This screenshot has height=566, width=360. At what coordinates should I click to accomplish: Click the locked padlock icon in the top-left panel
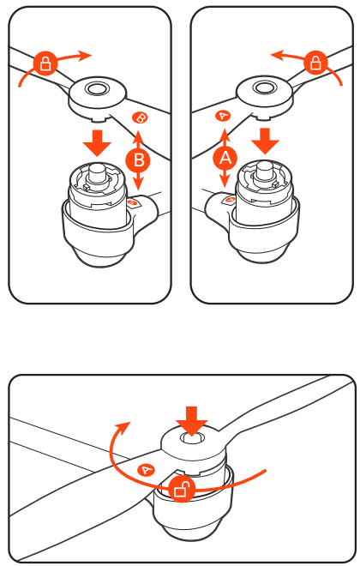[45, 63]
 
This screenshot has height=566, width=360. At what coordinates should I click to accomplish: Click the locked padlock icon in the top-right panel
[315, 63]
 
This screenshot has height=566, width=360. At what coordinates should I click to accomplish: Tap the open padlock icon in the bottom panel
[183, 489]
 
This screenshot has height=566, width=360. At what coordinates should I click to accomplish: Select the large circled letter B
[139, 160]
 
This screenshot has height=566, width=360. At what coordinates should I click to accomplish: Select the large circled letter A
[225, 158]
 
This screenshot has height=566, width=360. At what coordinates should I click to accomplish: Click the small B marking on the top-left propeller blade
[140, 117]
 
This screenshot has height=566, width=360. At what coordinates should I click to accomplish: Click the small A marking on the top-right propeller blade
[224, 116]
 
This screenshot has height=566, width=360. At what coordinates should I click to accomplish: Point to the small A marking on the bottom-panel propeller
[146, 470]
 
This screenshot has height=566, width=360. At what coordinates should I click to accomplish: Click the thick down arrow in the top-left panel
[97, 142]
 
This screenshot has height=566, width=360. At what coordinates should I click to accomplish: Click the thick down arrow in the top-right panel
[265, 141]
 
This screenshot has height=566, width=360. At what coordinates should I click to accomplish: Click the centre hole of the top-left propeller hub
[94, 87]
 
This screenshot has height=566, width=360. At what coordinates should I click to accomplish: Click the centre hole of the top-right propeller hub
[263, 87]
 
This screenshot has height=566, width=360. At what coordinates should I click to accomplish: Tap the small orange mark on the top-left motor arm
[133, 203]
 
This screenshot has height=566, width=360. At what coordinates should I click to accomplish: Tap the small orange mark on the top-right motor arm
[230, 200]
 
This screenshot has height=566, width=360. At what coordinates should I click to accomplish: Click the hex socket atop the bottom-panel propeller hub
[192, 438]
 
